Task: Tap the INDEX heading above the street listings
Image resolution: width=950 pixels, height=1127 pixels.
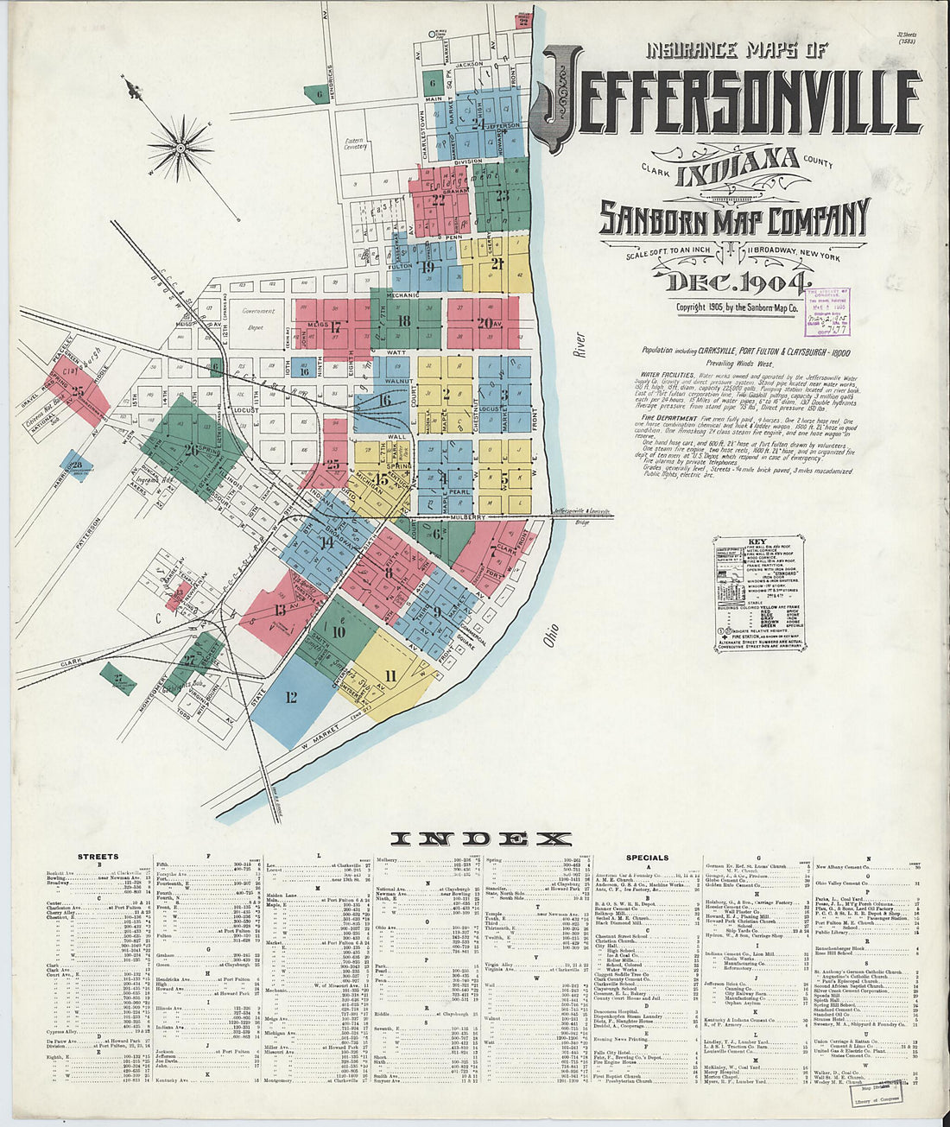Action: (481, 839)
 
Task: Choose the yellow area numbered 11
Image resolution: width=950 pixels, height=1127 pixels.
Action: (389, 676)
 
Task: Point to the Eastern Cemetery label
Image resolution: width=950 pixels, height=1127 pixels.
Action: (356, 144)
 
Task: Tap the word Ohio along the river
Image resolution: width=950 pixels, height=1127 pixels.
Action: (552, 635)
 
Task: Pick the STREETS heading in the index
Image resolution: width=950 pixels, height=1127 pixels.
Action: (98, 858)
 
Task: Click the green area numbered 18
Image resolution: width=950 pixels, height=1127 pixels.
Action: (403, 321)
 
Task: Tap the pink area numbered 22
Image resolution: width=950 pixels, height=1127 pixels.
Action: (439, 200)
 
